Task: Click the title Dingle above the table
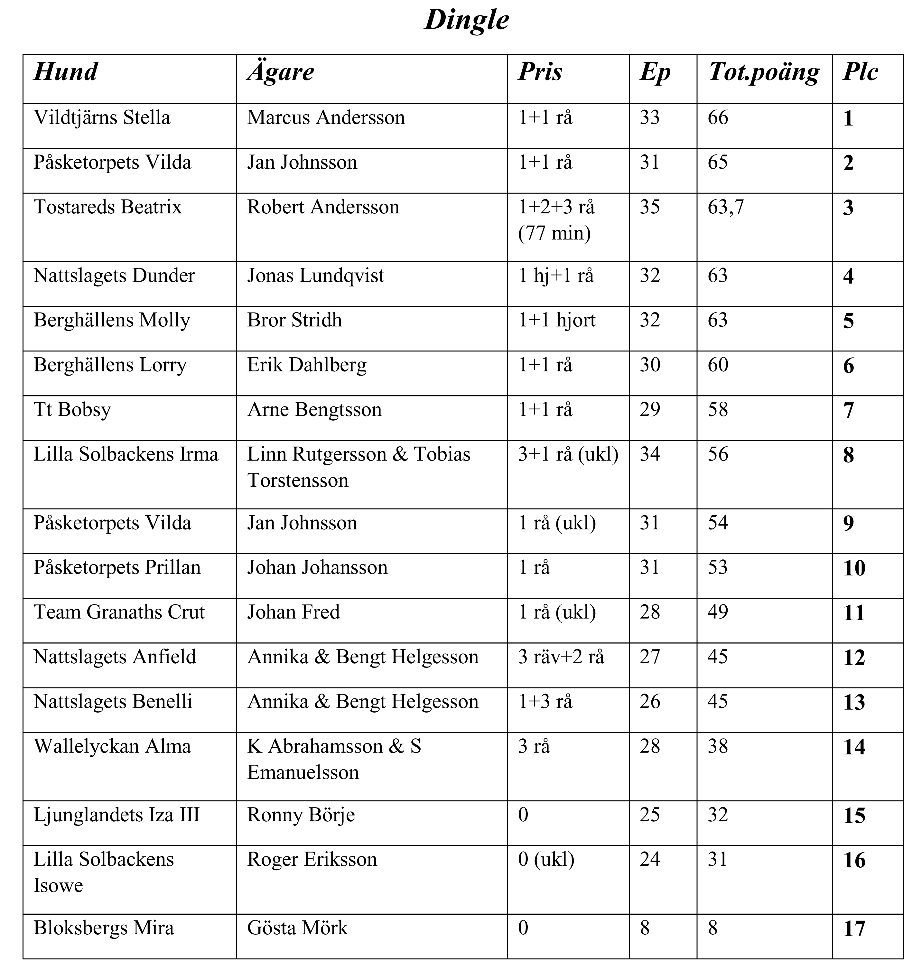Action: point(466,21)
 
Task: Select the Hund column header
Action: point(66,72)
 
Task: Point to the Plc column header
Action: point(860,72)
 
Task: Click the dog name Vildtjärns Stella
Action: point(102,118)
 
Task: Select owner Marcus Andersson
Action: point(326,118)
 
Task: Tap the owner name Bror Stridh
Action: point(294,320)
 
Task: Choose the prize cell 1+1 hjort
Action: point(556,320)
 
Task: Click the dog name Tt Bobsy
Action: point(72,410)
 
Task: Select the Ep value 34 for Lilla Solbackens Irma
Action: point(650,454)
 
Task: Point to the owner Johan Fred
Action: point(293,612)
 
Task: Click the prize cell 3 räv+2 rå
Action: point(561,657)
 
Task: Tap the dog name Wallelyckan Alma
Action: point(112,746)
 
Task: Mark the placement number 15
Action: point(854,816)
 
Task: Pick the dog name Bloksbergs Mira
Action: point(104,928)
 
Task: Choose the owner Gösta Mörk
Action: point(297,928)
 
